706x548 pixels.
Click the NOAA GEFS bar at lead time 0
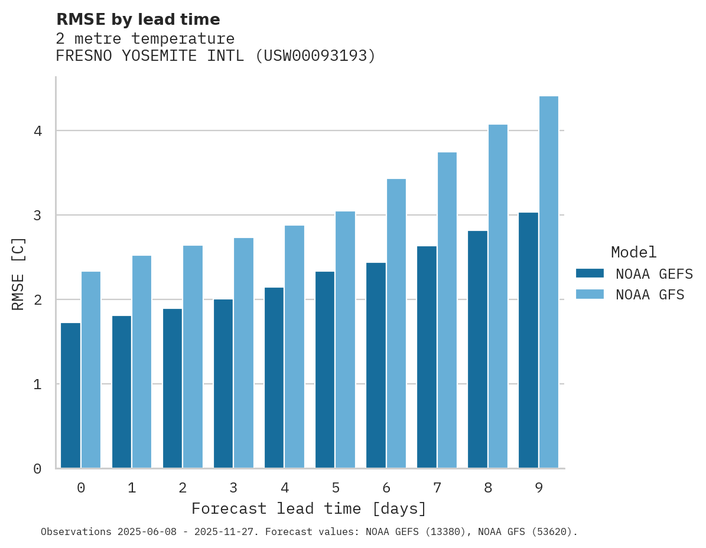click(70, 396)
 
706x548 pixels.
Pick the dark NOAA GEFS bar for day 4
click(274, 378)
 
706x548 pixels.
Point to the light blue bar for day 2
click(193, 357)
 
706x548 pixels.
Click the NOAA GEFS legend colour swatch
click(590, 273)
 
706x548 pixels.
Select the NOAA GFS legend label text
click(650, 295)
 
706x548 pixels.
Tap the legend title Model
click(633, 252)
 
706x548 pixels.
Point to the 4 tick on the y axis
click(37, 131)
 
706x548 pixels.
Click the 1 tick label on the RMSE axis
click(37, 384)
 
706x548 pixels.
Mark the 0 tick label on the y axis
click(37, 469)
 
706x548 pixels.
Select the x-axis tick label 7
click(437, 488)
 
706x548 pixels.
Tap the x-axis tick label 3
click(233, 488)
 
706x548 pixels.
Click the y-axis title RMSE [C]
click(18, 273)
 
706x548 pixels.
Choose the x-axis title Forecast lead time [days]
click(308, 508)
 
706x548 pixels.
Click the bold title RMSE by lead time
click(138, 19)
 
